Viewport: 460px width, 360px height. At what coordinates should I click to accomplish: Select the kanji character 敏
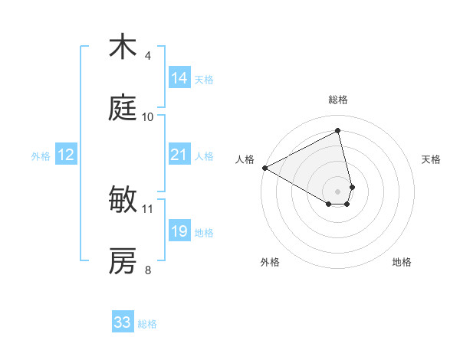tap(123, 200)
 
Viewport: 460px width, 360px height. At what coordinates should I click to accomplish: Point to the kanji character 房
tap(123, 261)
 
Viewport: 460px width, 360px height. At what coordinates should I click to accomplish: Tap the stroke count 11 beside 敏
tap(148, 208)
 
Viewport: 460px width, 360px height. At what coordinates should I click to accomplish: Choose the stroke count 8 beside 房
tap(148, 270)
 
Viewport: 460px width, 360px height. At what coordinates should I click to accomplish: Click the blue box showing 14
tap(179, 78)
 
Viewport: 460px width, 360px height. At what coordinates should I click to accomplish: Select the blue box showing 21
tap(179, 155)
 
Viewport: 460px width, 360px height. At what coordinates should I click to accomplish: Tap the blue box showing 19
tap(179, 231)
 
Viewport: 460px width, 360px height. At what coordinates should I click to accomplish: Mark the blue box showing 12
tap(66, 155)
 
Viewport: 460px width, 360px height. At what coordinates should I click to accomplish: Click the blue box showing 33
tap(123, 322)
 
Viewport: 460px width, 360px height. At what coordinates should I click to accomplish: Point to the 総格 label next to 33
tap(147, 324)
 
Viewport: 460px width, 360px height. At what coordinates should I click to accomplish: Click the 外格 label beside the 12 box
tap(41, 156)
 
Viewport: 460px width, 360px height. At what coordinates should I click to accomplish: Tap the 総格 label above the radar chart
tap(338, 100)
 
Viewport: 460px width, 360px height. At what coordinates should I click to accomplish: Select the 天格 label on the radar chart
tap(432, 159)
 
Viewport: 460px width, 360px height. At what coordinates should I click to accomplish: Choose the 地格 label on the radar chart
tap(402, 263)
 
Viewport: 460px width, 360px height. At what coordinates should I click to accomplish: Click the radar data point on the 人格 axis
tap(264, 168)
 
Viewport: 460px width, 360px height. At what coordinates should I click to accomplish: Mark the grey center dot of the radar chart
tap(338, 191)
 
